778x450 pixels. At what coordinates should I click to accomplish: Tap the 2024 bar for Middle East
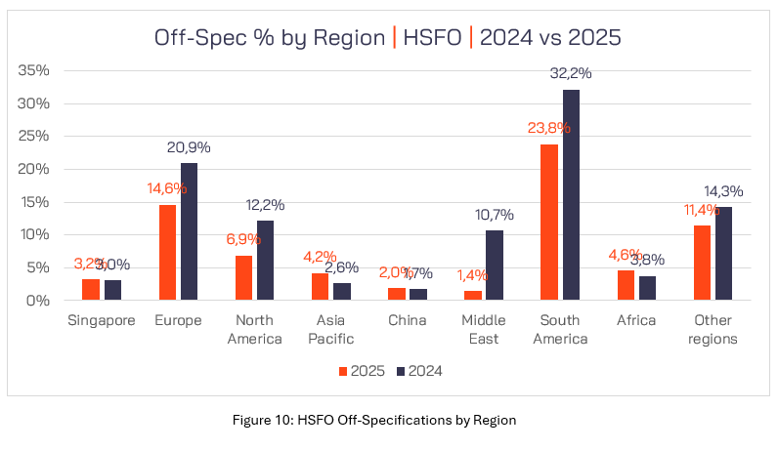coord(495,266)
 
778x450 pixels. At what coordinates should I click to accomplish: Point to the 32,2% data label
coord(571,73)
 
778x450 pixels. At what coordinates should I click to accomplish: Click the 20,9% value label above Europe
coord(189,147)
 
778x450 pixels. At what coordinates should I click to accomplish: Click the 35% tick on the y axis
coord(35,71)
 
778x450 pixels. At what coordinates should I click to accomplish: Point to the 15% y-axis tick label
coord(35,202)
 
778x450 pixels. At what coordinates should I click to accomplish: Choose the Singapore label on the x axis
coord(102,320)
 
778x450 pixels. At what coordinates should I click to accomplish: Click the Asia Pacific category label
coord(335,329)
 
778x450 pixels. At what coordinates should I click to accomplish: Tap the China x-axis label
coord(408,320)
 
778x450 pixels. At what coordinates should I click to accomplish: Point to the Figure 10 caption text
coord(388,420)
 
